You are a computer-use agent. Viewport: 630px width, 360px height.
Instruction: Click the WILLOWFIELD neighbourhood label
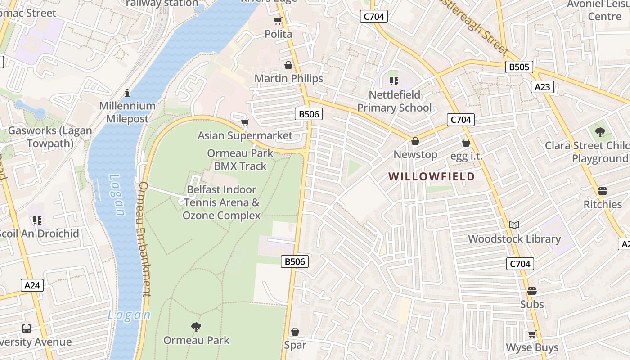coord(432,176)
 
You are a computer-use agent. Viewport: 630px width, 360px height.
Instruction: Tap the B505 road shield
coord(519,67)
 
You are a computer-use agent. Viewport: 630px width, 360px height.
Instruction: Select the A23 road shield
coord(542,87)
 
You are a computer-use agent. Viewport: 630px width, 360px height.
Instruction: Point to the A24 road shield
coord(32,285)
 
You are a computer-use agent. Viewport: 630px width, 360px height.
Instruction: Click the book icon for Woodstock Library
coord(514,225)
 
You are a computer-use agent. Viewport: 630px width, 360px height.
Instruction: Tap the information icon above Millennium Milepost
coord(127,93)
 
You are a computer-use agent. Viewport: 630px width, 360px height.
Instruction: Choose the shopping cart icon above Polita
coord(278,21)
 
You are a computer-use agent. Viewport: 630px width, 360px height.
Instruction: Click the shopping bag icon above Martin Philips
coord(288,65)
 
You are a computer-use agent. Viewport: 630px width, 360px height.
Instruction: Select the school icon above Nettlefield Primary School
coord(394,81)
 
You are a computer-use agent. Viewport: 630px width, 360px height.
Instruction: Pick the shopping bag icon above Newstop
coord(415,141)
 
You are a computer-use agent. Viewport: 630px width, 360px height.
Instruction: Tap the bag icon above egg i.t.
coord(466,143)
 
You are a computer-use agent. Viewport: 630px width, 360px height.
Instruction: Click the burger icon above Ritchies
coord(603,191)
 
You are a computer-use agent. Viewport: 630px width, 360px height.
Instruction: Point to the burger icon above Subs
coord(532,291)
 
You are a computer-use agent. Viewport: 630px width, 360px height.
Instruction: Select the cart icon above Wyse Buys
coord(532,334)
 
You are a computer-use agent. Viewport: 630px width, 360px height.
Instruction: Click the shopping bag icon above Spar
coord(295,332)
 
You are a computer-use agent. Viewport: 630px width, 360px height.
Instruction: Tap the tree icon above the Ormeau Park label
coord(196,327)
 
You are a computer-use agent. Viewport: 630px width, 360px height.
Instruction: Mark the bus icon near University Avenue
coord(27,328)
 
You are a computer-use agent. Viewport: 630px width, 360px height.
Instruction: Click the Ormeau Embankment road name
coord(145,238)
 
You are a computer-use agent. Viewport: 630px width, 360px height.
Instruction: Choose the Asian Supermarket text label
coord(245,135)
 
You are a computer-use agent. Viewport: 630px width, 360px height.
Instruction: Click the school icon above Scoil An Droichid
coord(37,220)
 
